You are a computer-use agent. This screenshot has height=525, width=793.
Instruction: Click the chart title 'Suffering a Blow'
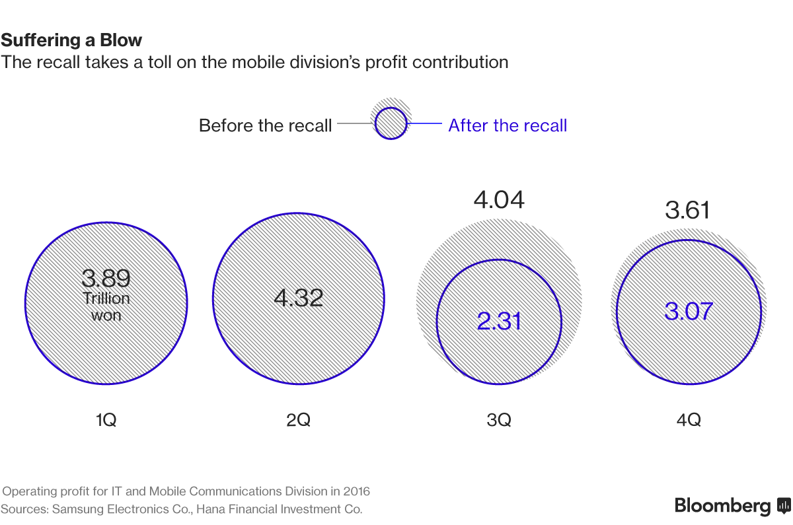pos(71,40)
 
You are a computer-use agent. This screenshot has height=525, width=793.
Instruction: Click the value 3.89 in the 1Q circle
pos(106,278)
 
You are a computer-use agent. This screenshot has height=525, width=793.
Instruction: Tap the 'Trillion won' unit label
pos(106,306)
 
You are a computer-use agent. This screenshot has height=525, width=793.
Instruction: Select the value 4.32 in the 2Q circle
pos(299,298)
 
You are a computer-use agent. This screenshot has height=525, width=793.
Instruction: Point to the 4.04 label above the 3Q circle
pos(499,199)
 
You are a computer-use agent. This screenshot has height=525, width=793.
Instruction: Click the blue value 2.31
pos(500,321)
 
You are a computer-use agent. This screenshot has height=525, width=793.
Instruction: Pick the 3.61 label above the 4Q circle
pos(687,211)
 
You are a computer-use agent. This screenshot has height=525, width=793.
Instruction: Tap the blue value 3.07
pos(689,310)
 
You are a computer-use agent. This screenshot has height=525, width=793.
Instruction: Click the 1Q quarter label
pos(106,419)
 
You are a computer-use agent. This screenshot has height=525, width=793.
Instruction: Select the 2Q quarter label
pos(299,419)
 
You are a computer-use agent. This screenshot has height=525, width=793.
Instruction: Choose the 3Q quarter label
pos(499,419)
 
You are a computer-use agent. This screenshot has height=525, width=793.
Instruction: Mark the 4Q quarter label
pos(689,419)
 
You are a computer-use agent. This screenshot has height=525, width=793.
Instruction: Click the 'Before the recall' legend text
pos(265,125)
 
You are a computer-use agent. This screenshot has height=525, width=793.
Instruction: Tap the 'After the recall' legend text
pos(508,125)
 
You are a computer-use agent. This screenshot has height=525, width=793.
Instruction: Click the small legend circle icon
pos(391,123)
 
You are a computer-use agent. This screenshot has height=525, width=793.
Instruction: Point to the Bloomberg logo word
pos(722,506)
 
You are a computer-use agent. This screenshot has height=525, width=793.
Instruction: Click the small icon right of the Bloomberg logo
pos(784,506)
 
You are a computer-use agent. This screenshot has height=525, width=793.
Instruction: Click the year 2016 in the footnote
pos(356,491)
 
